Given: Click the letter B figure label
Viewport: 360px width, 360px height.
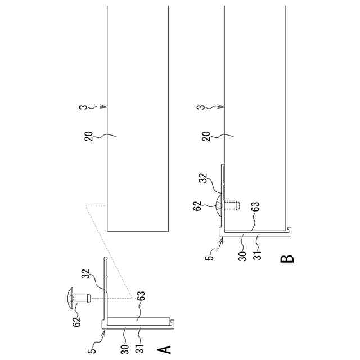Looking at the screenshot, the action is pyautogui.click(x=286, y=259).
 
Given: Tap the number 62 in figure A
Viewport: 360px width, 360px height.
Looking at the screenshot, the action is pyautogui.click(x=76, y=321).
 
